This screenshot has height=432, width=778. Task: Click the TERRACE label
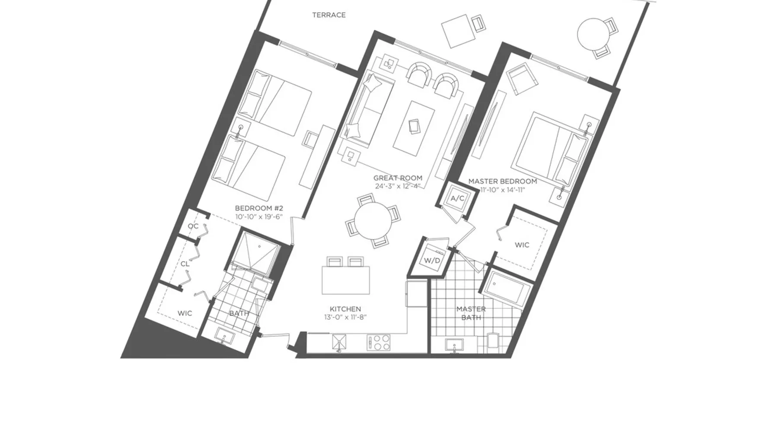[x=329, y=15]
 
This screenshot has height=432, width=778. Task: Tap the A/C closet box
[x=457, y=199]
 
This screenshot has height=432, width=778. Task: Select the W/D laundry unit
[x=432, y=260]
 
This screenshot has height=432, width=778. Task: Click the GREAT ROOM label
[x=398, y=178]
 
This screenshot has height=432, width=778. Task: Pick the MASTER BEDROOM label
[x=503, y=181]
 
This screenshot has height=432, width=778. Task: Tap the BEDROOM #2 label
[x=259, y=208]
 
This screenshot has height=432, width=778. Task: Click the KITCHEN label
[x=345, y=309]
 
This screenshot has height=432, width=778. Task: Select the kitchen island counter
[x=346, y=280]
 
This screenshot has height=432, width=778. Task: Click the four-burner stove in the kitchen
[x=379, y=343]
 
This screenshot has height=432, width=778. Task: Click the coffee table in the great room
[x=414, y=128]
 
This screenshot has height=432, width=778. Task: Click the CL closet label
[x=185, y=264]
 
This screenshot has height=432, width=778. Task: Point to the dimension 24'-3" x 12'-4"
[x=398, y=187]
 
